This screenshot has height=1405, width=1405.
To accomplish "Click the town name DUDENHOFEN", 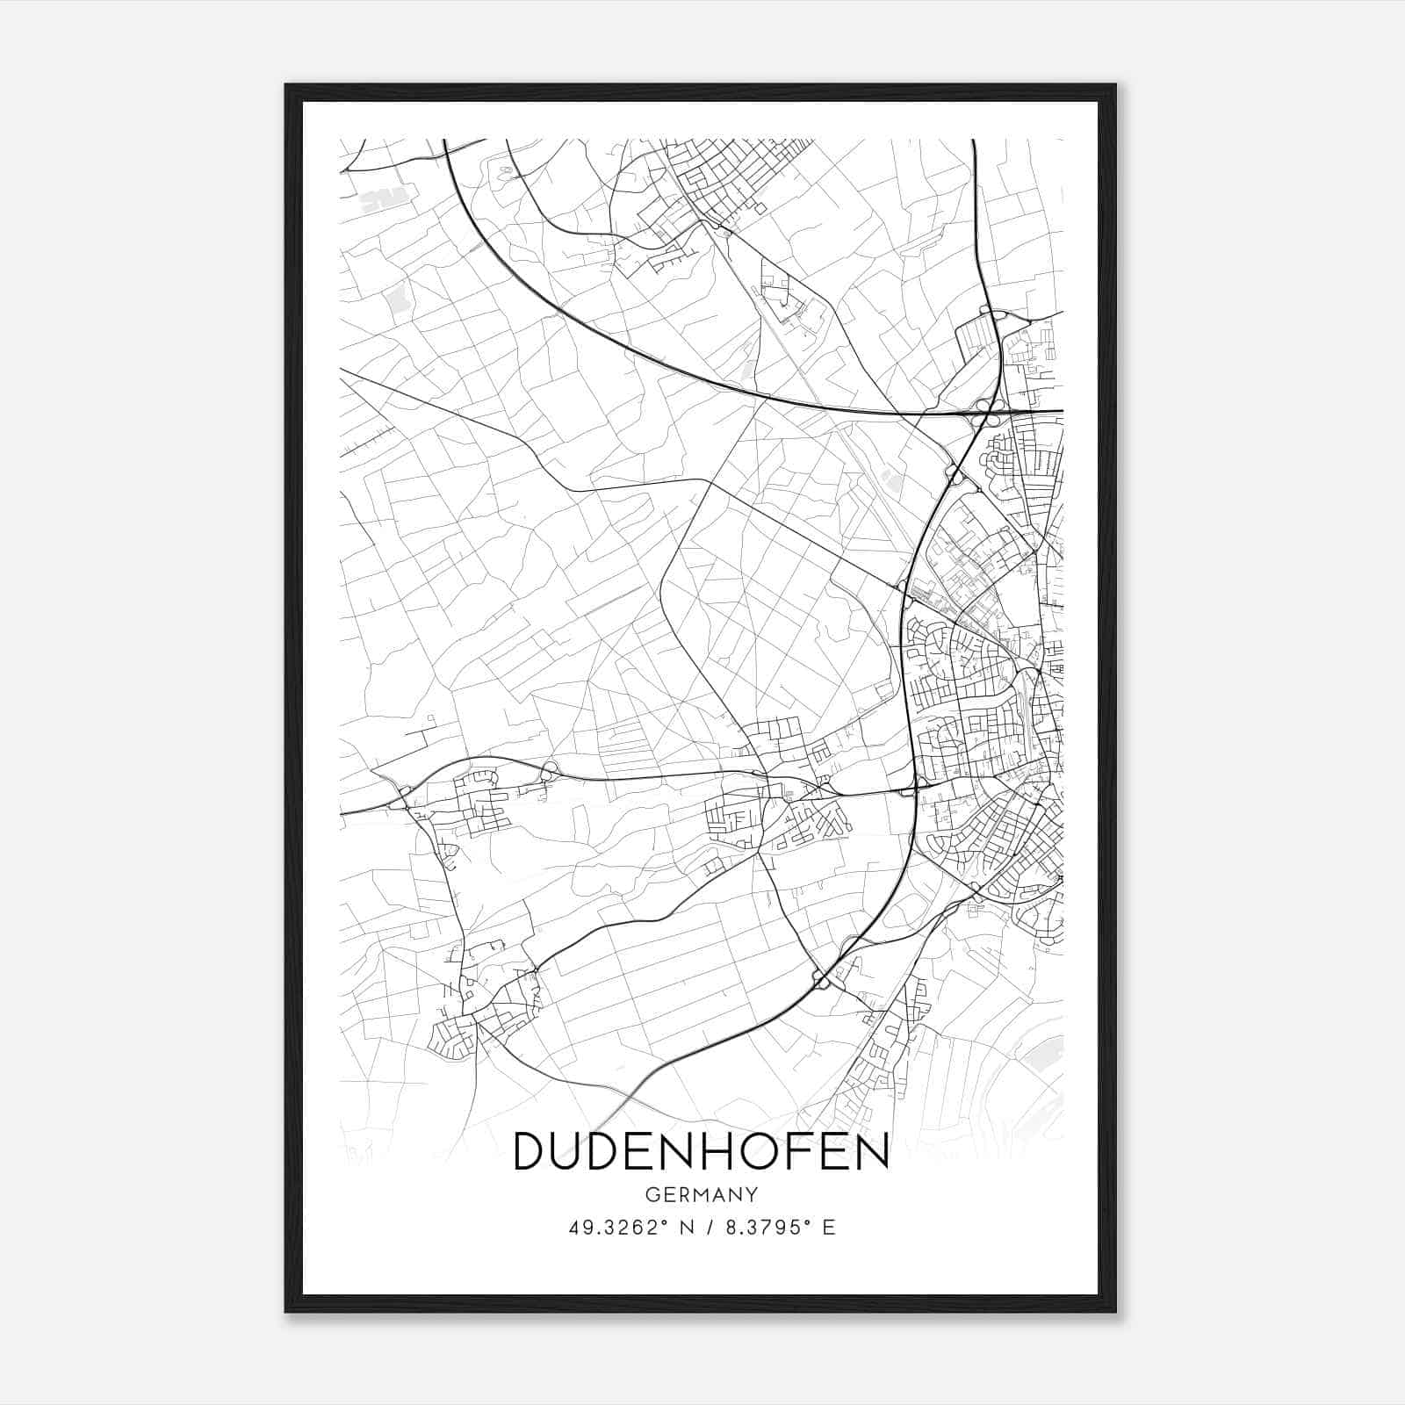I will [701, 1151].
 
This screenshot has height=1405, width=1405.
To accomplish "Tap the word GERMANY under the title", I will [701, 1195].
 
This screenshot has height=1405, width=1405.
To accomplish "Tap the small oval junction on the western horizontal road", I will [550, 772].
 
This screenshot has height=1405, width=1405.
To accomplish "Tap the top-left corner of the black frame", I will [286, 85].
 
